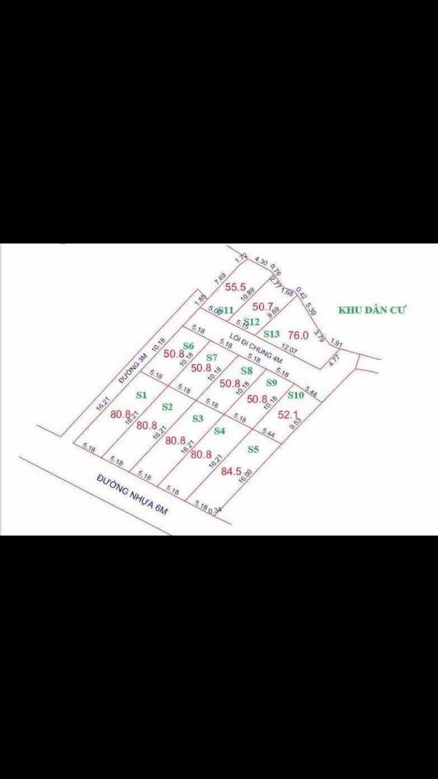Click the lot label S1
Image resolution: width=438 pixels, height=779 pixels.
point(141,395)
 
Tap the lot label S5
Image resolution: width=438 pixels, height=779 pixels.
point(254,450)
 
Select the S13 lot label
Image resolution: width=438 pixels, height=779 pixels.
point(271,334)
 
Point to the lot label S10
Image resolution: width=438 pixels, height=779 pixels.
point(296,395)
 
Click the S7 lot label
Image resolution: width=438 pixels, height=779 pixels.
point(211,357)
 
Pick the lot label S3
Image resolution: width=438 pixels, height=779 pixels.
point(197,418)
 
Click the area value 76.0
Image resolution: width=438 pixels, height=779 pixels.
point(298,335)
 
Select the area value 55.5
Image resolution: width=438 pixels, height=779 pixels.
point(235,287)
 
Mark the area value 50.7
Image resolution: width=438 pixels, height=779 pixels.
point(263,307)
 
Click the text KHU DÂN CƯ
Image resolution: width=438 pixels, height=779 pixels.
point(372,310)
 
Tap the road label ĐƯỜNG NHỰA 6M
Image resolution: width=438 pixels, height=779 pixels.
point(131,494)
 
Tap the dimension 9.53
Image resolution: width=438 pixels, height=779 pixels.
point(296,424)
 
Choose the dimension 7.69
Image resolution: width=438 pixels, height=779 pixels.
point(220,279)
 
